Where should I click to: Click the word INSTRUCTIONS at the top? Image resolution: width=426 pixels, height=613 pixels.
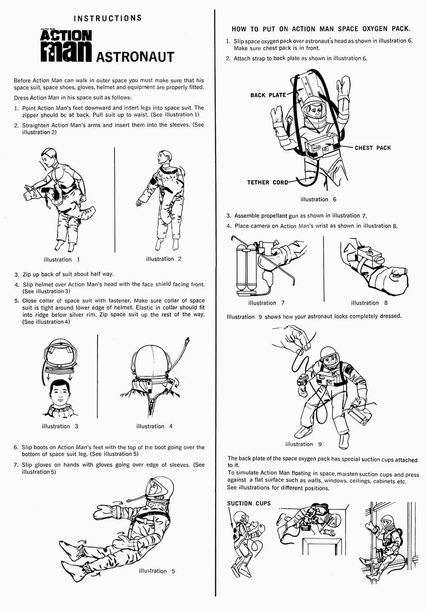point(107,18)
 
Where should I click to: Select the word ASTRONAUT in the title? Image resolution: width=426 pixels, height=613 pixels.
point(135,57)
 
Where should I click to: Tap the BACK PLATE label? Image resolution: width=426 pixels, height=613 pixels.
point(268,95)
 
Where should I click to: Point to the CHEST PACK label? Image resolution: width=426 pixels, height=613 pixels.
point(372,148)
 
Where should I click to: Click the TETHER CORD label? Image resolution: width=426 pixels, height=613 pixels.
point(267,182)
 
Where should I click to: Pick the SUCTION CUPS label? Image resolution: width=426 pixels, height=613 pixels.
point(249,503)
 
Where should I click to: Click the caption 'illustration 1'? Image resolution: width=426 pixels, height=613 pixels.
point(61,259)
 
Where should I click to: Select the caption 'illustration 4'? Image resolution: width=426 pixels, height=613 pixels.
point(154,426)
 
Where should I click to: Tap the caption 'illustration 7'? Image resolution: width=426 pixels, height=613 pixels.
point(266,303)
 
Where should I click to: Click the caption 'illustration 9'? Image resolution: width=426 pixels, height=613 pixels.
point(303,444)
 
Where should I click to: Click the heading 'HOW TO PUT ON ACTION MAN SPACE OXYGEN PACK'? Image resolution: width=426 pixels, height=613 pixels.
point(321,29)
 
